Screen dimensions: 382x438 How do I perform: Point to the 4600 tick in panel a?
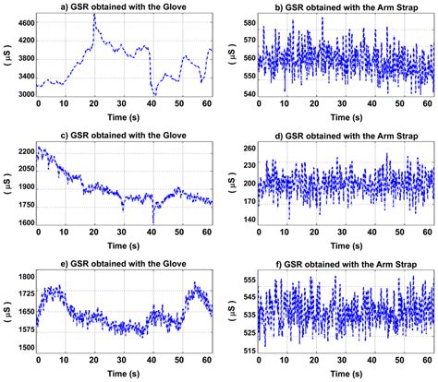pos(21,19)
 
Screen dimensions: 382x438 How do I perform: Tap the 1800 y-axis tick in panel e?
pos(21,276)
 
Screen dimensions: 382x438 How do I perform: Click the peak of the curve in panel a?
pos(94,16)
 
